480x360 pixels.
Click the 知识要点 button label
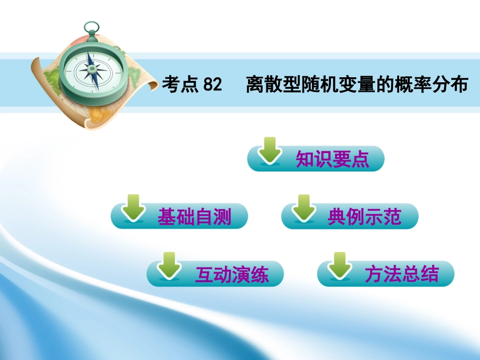tap(332, 160)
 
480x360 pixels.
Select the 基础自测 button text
tap(194, 217)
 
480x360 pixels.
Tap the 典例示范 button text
tap(364, 217)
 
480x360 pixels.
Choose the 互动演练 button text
tap(232, 275)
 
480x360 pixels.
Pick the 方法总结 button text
tap(402, 275)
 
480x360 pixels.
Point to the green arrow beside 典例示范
tap(303, 208)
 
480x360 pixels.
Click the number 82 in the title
tap(212, 85)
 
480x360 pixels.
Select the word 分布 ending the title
tap(452, 85)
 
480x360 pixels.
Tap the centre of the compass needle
tap(92, 72)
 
